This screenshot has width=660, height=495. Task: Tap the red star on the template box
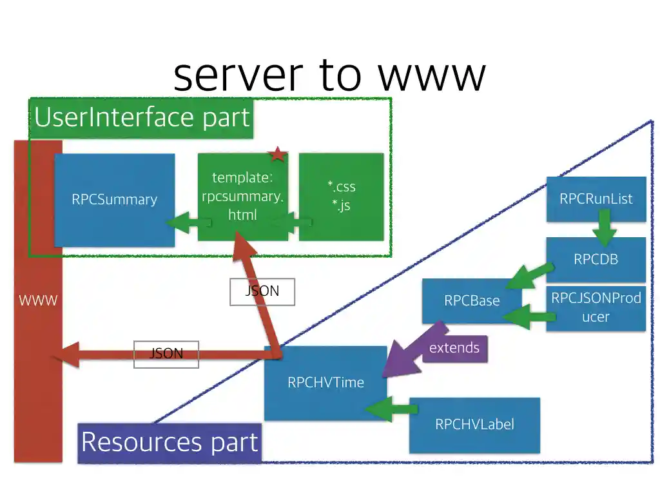coord(278,155)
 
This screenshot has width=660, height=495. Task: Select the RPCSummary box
coord(114,200)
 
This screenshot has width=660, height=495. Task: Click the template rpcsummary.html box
coord(242,197)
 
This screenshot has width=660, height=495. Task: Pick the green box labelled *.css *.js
coord(341,197)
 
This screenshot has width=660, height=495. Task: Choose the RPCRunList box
coord(596,199)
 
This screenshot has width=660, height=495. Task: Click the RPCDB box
coord(596,260)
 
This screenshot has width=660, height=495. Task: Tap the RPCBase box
coord(472,300)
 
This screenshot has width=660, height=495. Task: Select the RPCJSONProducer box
coord(596,307)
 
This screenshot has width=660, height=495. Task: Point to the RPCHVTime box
coord(325,382)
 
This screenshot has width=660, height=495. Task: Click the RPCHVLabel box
coord(474,425)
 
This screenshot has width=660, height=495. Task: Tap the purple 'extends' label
coord(454,348)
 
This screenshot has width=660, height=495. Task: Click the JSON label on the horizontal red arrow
coord(166,354)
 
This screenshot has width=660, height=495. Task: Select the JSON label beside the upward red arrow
coord(262,291)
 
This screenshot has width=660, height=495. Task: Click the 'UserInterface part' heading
coord(142,118)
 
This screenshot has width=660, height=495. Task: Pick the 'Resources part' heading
coord(170,443)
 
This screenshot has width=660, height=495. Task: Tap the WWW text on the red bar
coord(38,300)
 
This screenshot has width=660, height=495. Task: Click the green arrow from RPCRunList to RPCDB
coord(605,232)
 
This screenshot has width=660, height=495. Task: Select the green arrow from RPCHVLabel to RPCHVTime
coord(392,409)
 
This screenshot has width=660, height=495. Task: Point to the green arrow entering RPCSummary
coord(188,223)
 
